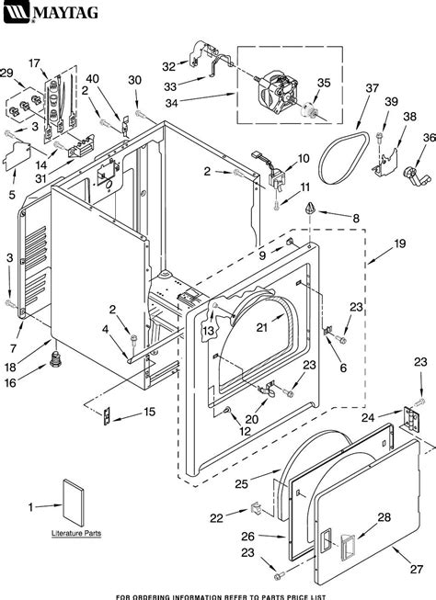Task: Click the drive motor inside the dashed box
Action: tap(276, 94)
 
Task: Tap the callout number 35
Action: tap(324, 83)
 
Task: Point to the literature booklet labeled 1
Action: tap(74, 502)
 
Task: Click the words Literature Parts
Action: tap(76, 533)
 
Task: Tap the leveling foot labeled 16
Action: tap(56, 359)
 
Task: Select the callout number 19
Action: tap(399, 243)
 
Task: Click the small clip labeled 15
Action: tap(106, 415)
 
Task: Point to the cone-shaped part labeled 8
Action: tap(310, 209)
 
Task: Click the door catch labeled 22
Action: tap(256, 509)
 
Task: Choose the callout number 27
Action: tap(417, 569)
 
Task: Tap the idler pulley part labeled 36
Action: tap(412, 175)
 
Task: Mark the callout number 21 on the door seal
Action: tap(262, 327)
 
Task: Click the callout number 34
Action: tap(171, 103)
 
